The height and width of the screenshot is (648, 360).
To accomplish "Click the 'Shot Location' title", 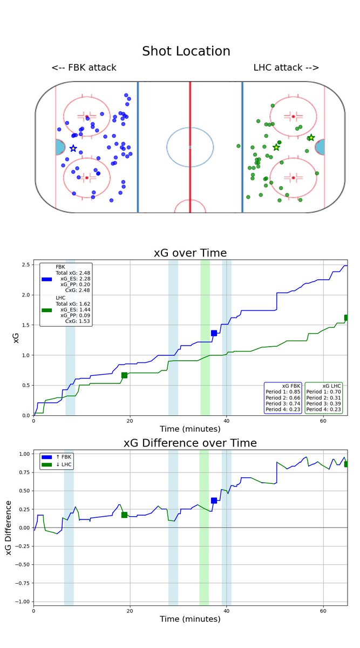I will (186, 51).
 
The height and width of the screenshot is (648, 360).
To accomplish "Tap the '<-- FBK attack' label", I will (84, 67).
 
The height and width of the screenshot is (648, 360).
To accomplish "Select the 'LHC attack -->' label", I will (286, 67).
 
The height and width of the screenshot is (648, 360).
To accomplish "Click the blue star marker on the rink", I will (73, 148).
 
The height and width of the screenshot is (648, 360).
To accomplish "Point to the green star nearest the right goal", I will (311, 138).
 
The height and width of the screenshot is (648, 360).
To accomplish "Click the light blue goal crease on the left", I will (59, 147).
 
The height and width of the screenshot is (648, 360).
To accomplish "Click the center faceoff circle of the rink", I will (189, 146).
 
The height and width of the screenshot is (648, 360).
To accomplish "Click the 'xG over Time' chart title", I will (189, 253).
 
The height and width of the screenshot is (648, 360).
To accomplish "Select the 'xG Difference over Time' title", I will (190, 443).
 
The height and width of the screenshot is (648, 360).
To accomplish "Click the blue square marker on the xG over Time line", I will (214, 333).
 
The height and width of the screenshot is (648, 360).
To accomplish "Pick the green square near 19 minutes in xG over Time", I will (124, 375).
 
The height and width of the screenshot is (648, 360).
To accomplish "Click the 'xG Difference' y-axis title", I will (9, 528).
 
